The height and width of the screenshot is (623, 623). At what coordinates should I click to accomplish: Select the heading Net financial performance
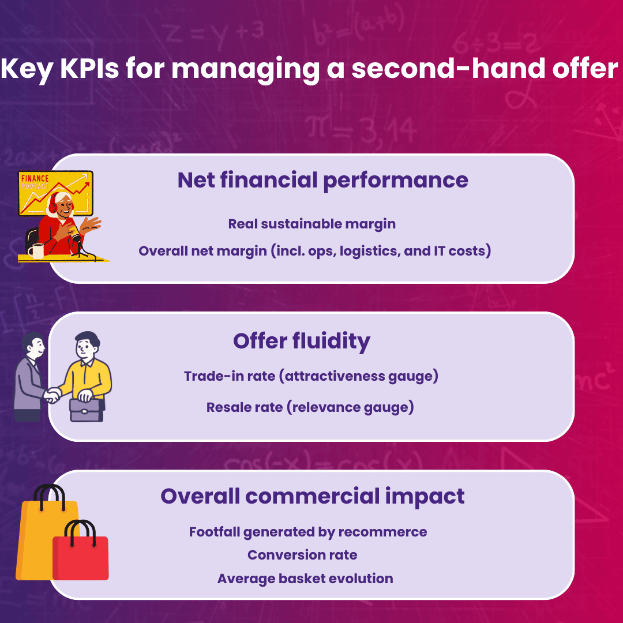[x=322, y=180]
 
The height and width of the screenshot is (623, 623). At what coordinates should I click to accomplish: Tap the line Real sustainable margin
[x=312, y=224]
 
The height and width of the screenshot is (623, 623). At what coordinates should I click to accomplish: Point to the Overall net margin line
[x=315, y=252]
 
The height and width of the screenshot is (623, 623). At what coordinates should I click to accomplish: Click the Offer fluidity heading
[x=302, y=341]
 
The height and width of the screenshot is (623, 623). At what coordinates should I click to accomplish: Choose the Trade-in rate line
[x=311, y=377]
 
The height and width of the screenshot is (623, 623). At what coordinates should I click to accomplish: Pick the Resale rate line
[x=310, y=408]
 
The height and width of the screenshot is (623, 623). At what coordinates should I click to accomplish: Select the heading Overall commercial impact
[x=313, y=496]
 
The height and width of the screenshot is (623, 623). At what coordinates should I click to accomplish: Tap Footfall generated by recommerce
[x=308, y=532]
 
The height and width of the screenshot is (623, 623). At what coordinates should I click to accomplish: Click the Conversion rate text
[x=302, y=555]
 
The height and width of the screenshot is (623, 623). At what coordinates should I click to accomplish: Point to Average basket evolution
[x=305, y=579]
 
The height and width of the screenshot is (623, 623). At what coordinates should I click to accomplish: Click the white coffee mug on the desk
[x=37, y=250]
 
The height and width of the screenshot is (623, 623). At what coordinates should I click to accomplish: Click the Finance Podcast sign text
[x=34, y=182]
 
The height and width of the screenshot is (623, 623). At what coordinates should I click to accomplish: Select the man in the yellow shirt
[x=89, y=369]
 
